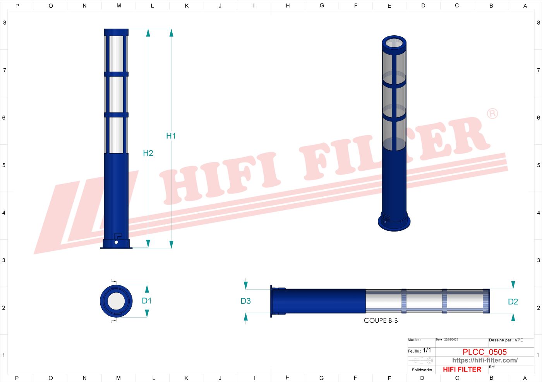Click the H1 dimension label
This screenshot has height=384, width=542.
(x=171, y=136)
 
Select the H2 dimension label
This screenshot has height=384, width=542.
(x=148, y=153)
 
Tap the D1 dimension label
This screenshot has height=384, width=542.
(x=147, y=301)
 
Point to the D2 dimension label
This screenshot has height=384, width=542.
(x=513, y=302)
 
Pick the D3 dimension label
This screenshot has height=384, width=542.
(x=246, y=301)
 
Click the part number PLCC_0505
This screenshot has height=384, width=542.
(x=484, y=352)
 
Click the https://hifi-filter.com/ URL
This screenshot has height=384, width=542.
(x=485, y=360)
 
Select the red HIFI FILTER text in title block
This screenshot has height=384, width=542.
(x=462, y=369)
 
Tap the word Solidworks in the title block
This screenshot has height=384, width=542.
(x=422, y=370)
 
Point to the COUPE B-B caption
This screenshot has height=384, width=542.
(x=381, y=320)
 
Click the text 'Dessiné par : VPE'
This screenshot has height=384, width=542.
(x=506, y=340)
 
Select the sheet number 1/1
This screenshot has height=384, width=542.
(x=427, y=350)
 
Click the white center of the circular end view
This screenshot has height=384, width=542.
(x=116, y=301)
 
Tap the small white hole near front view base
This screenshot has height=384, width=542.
(x=116, y=242)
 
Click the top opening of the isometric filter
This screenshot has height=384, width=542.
(x=394, y=42)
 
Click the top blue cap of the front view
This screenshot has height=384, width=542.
(x=116, y=32)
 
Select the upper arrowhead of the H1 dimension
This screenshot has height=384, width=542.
(x=171, y=33)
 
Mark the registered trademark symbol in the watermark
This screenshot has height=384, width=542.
(x=492, y=114)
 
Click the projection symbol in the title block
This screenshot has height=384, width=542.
(x=422, y=361)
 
